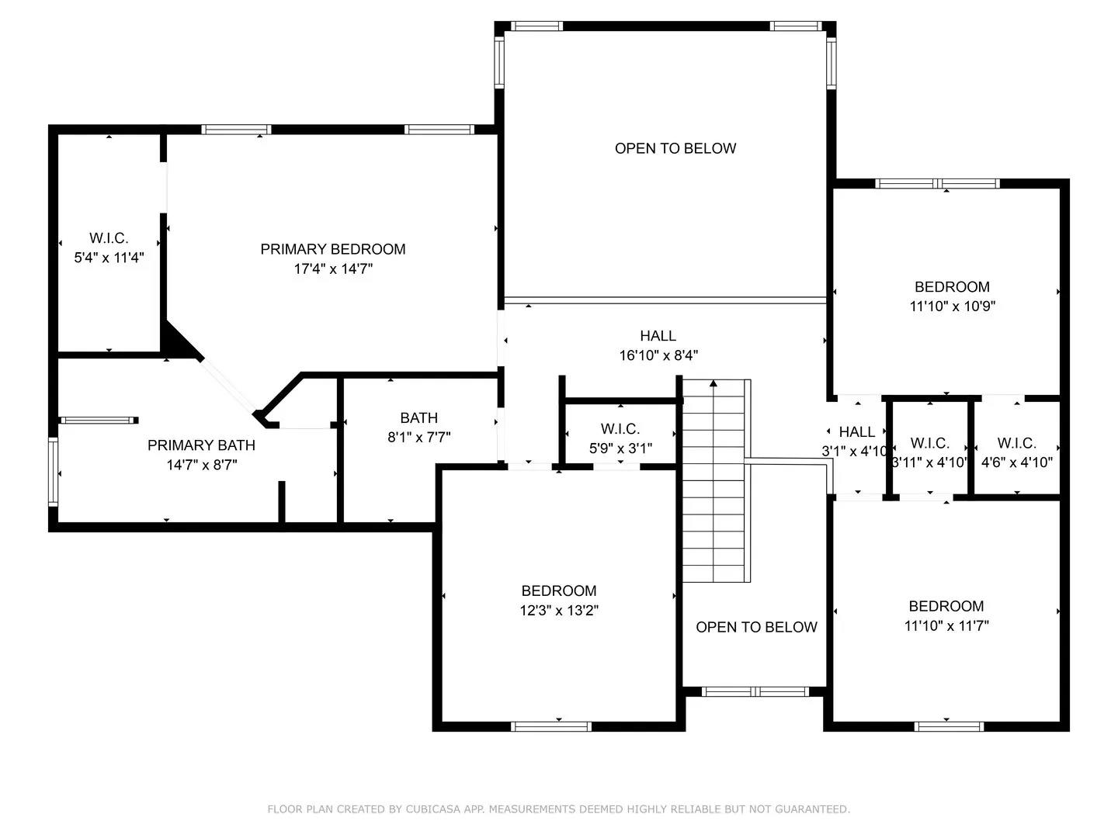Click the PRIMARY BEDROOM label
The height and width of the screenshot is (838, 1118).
point(332,249)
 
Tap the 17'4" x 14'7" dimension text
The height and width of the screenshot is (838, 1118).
point(333,268)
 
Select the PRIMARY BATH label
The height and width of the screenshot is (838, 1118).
point(201,445)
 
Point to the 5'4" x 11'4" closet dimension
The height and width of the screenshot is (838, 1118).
point(109,258)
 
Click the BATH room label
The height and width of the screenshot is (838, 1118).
point(418,417)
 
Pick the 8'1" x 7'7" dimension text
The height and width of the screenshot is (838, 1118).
point(418,437)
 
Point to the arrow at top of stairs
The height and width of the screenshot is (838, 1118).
point(713,383)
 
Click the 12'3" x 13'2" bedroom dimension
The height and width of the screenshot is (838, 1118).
point(559,610)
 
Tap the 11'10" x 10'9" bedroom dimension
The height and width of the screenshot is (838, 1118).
point(952,306)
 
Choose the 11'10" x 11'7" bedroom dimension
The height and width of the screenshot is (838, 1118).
point(946,626)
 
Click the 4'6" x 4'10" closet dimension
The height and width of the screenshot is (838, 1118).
point(1016,462)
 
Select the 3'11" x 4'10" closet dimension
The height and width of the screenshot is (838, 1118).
point(929,462)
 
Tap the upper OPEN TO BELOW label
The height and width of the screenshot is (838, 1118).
point(675,148)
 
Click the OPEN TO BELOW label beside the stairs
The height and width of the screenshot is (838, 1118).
point(756,627)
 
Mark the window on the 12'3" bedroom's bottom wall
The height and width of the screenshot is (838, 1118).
point(551,726)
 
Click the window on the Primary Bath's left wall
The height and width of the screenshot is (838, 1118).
point(53,472)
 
